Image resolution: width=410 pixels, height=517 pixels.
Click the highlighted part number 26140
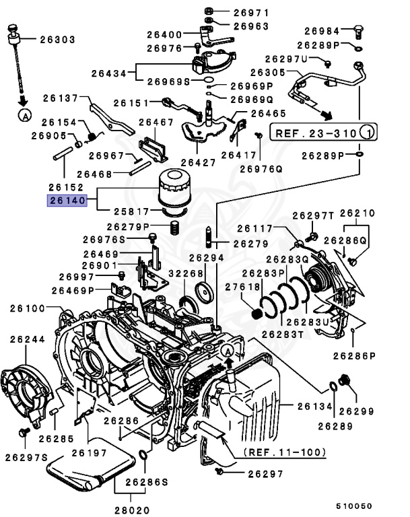pyautogui.click(x=66, y=200)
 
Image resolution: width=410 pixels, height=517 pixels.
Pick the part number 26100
pyautogui.click(x=27, y=308)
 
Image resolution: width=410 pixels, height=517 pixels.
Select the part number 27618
pyautogui.click(x=242, y=287)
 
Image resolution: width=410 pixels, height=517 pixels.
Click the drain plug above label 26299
pyautogui.click(x=347, y=381)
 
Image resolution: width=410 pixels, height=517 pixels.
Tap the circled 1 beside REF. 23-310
pyautogui.click(x=368, y=133)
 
